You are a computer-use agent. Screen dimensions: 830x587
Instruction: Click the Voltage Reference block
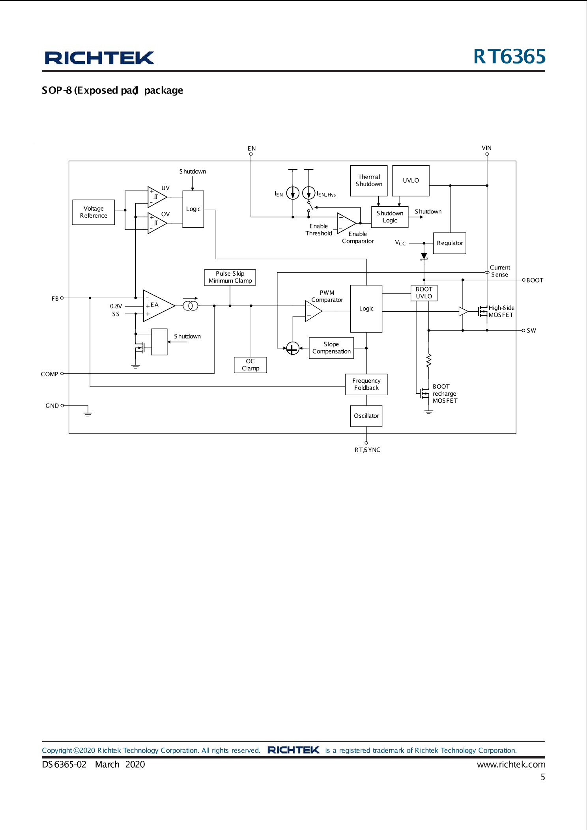pyautogui.click(x=93, y=212)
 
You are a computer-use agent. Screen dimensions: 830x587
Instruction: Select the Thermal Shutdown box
pyautogui.click(x=369, y=181)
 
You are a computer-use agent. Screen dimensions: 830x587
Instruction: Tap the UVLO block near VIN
pyautogui.click(x=411, y=181)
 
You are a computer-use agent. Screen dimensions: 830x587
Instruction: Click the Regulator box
pyautogui.click(x=449, y=243)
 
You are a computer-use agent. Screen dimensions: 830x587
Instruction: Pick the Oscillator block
pyautogui.click(x=366, y=416)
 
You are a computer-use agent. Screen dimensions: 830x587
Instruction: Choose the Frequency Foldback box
pyautogui.click(x=366, y=384)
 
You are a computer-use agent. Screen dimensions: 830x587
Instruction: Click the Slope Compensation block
pyautogui.click(x=331, y=348)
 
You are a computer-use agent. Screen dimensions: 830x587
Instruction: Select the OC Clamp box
pyautogui.click(x=250, y=365)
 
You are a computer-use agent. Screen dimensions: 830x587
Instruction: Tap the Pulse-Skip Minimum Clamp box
pyautogui.click(x=230, y=277)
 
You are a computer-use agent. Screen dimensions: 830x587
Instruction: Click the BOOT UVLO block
pyautogui.click(x=424, y=293)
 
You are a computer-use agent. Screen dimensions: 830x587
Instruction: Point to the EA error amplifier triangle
pyautogui.click(x=157, y=306)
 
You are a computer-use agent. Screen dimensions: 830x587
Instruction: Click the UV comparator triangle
pyautogui.click(x=156, y=196)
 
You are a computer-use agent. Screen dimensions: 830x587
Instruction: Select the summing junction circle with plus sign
pyautogui.click(x=292, y=348)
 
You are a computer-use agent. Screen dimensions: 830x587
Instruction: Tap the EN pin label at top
pyautogui.click(x=252, y=149)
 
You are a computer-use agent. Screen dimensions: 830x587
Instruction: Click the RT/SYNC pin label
pyautogui.click(x=367, y=450)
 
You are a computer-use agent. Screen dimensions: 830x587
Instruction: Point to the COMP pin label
pyautogui.click(x=49, y=374)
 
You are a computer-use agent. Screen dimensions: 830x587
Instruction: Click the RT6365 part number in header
pyautogui.click(x=509, y=56)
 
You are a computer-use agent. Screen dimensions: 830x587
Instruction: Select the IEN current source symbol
pyautogui.click(x=293, y=193)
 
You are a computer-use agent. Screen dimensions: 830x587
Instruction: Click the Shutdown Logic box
pyautogui.click(x=390, y=217)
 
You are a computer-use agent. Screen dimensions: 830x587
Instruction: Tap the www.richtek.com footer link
pyautogui.click(x=511, y=765)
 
